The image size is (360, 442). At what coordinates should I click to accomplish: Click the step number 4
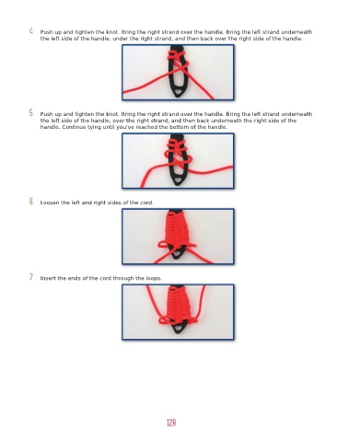[x=31, y=30]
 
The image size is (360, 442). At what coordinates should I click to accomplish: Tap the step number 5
[x=31, y=112]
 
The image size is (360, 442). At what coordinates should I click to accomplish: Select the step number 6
[x=31, y=201]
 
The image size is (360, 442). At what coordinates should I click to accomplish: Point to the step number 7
[x=31, y=276]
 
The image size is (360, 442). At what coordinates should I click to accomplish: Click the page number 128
[x=171, y=423]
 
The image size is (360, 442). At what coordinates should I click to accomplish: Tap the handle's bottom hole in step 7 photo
[x=178, y=330]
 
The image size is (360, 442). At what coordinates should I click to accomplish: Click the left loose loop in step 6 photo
[x=164, y=245]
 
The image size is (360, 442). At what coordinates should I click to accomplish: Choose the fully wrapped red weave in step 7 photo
[x=178, y=304]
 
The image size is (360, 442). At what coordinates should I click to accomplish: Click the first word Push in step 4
[x=46, y=32]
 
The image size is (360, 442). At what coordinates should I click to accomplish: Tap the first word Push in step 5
[x=46, y=114]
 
